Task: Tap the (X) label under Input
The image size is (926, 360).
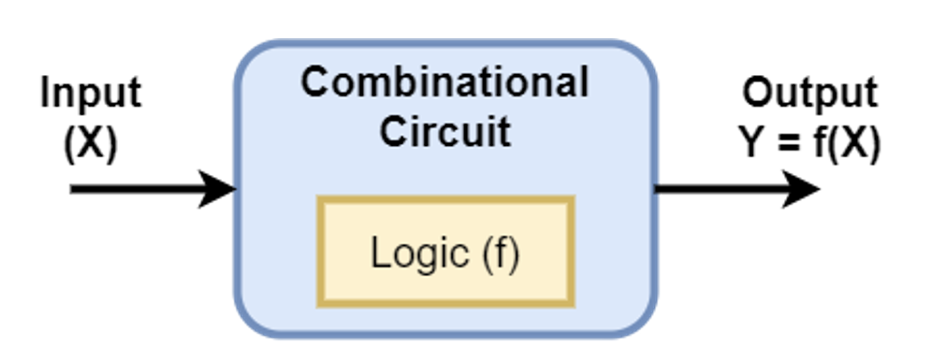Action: pyautogui.click(x=91, y=145)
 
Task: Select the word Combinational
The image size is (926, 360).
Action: pyautogui.click(x=445, y=83)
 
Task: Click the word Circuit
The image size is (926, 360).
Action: pyautogui.click(x=445, y=132)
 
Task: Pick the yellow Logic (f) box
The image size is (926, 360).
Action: pyautogui.click(x=446, y=252)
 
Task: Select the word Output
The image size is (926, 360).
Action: pyautogui.click(x=810, y=94)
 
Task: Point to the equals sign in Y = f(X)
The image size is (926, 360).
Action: pyautogui.click(x=788, y=145)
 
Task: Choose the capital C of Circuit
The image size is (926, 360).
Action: pyautogui.click(x=395, y=132)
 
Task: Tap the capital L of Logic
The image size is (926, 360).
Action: pyautogui.click(x=380, y=252)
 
